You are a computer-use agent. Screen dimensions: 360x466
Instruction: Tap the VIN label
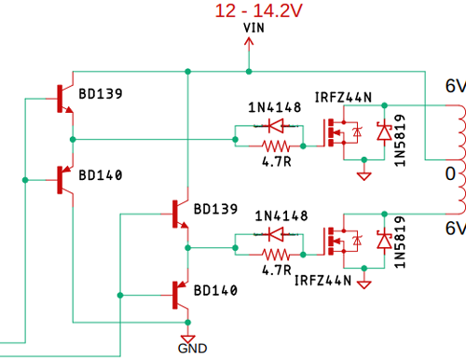[x=250, y=29]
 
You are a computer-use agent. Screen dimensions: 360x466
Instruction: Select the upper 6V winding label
[x=453, y=87]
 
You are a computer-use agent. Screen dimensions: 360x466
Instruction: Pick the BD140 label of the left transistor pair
[x=100, y=175]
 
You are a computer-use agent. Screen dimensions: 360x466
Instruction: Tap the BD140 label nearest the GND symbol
[x=215, y=291]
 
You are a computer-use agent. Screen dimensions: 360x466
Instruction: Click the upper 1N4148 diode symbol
[x=273, y=125]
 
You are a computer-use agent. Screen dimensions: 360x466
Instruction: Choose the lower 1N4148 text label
[x=274, y=215]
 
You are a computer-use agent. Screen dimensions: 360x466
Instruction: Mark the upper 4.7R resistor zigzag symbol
[x=273, y=145]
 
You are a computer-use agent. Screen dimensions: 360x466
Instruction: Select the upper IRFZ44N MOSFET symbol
[x=339, y=133]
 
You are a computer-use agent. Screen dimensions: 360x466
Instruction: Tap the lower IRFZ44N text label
[x=323, y=279]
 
